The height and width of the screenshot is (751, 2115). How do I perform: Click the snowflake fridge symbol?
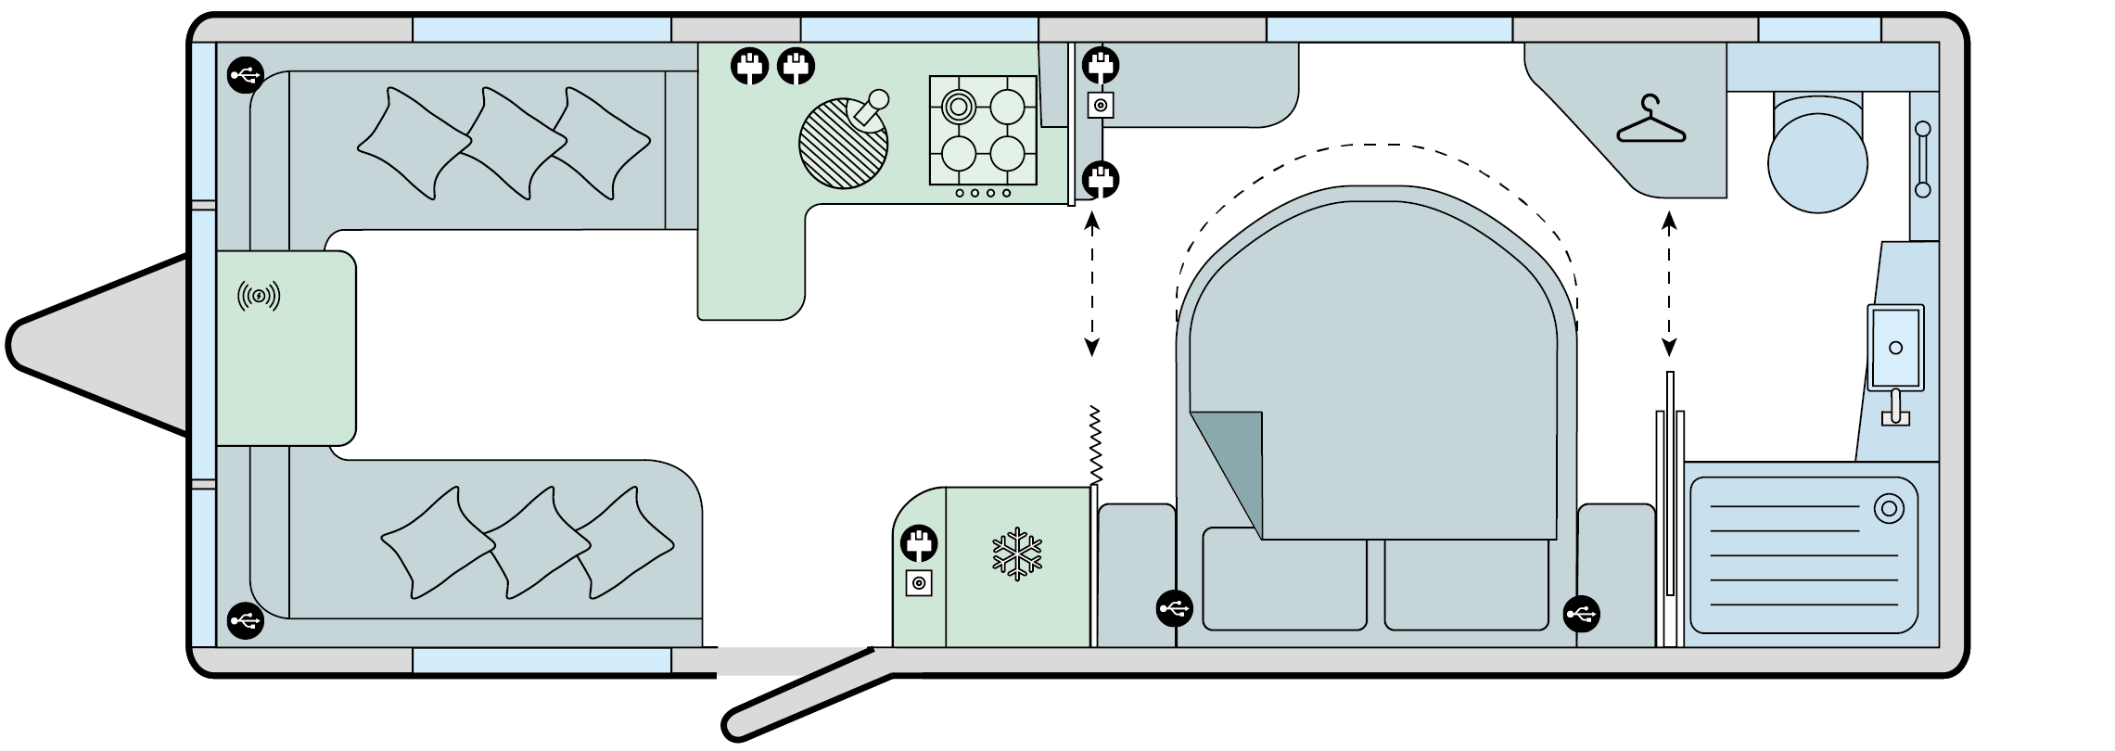click(1017, 554)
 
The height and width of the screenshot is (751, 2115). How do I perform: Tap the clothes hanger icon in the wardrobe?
click(1650, 121)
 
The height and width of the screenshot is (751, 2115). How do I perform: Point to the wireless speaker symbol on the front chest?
click(259, 297)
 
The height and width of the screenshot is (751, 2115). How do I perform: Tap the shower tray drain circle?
click(1888, 509)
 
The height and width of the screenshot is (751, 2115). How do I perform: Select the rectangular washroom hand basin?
click(1895, 348)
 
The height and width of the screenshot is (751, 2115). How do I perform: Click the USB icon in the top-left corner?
click(246, 75)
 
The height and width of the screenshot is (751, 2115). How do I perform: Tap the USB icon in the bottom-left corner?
click(246, 620)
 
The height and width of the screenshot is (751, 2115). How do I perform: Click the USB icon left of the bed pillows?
click(1175, 609)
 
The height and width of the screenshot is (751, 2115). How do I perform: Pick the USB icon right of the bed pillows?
click(1581, 613)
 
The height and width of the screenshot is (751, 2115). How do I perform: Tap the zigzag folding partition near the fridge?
click(1096, 445)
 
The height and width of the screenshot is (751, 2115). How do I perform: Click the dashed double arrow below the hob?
click(1091, 284)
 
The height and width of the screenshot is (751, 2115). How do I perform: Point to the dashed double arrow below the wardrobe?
click(1669, 284)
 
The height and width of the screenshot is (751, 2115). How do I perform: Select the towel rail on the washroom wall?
click(1922, 159)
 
